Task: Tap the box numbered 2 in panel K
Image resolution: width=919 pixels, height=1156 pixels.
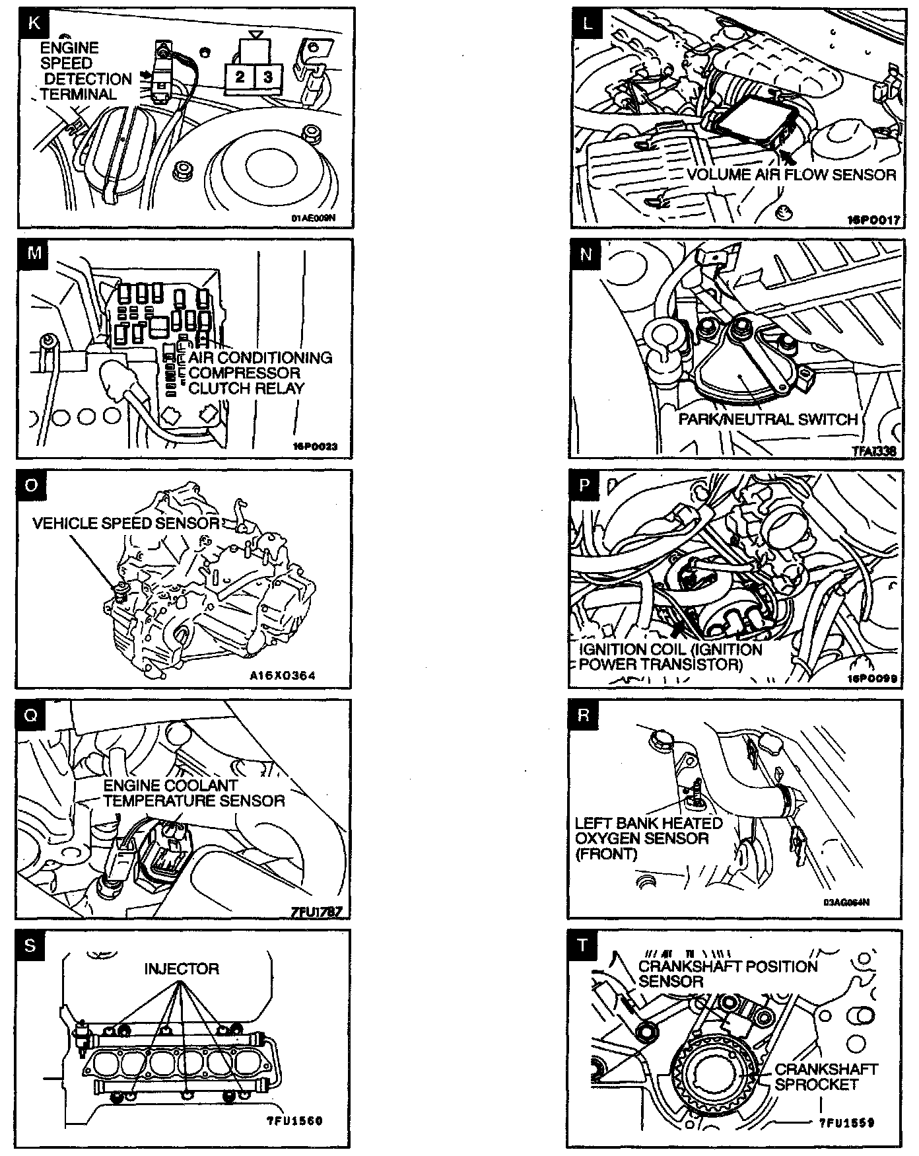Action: pyautogui.click(x=240, y=77)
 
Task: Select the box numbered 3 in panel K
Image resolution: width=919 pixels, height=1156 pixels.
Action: pyautogui.click(x=267, y=77)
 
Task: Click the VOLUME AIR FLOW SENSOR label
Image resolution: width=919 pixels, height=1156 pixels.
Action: pyautogui.click(x=791, y=175)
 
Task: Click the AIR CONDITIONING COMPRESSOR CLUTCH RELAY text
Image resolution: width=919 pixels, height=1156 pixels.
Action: pyautogui.click(x=259, y=373)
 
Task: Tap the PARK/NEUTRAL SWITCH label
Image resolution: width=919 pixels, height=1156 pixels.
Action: pyautogui.click(x=768, y=419)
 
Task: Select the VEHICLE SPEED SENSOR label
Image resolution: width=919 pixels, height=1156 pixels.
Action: pyautogui.click(x=126, y=523)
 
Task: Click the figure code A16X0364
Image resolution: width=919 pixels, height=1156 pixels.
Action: pyautogui.click(x=283, y=676)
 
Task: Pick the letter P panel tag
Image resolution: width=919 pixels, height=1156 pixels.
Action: pyautogui.click(x=584, y=486)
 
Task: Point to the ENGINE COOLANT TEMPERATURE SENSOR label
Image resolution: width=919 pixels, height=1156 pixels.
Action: pyautogui.click(x=193, y=793)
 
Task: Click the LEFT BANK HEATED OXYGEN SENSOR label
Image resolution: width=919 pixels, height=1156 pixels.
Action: pyautogui.click(x=648, y=838)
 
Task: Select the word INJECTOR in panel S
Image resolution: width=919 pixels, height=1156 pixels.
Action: pyautogui.click(x=182, y=969)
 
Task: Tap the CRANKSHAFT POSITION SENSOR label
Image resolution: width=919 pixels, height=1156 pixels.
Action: pyautogui.click(x=727, y=974)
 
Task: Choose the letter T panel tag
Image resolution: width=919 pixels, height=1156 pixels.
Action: pyautogui.click(x=582, y=945)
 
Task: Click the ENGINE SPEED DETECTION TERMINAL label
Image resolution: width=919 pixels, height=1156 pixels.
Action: pyautogui.click(x=78, y=71)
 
